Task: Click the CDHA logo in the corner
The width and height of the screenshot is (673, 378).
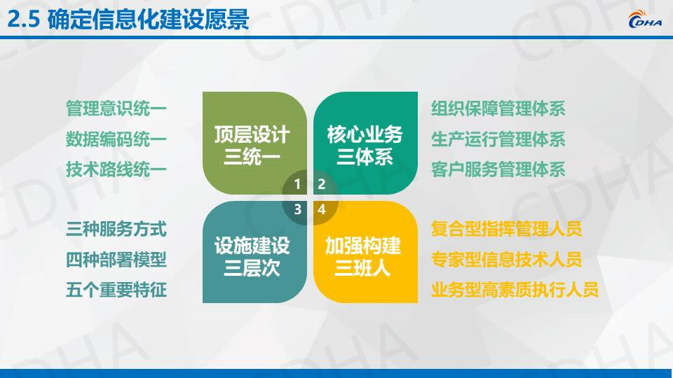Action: pos(645,20)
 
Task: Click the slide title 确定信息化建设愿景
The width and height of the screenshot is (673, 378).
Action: pos(148,20)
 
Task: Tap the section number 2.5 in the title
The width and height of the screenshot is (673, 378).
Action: pos(24,20)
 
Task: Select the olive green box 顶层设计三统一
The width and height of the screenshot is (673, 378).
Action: pos(254,143)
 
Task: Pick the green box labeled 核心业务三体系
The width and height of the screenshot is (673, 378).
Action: pos(365,143)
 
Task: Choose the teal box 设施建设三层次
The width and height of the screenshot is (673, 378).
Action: pos(254,252)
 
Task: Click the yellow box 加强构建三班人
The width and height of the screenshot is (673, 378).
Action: pos(365,252)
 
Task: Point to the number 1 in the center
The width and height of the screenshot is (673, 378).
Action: pos(297,184)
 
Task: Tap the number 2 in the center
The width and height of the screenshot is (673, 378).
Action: pos(322,184)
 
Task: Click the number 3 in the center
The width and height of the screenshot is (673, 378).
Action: pos(297,209)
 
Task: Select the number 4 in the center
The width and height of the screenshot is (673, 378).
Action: pos(322,209)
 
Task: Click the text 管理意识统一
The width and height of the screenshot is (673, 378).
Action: pos(116,108)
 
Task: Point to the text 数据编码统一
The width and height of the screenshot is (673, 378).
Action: pos(116,139)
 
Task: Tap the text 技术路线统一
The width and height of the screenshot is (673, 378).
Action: pos(116,169)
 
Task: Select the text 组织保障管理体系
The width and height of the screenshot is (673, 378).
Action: pos(498,108)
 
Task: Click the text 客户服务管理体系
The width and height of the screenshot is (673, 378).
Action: pos(498,169)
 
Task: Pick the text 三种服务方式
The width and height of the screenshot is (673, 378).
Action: pos(116,229)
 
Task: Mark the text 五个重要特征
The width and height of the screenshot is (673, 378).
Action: pos(116,290)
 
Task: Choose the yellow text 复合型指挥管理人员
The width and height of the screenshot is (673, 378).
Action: pos(506,229)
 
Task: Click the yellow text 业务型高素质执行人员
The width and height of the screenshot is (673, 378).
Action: pos(515,290)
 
